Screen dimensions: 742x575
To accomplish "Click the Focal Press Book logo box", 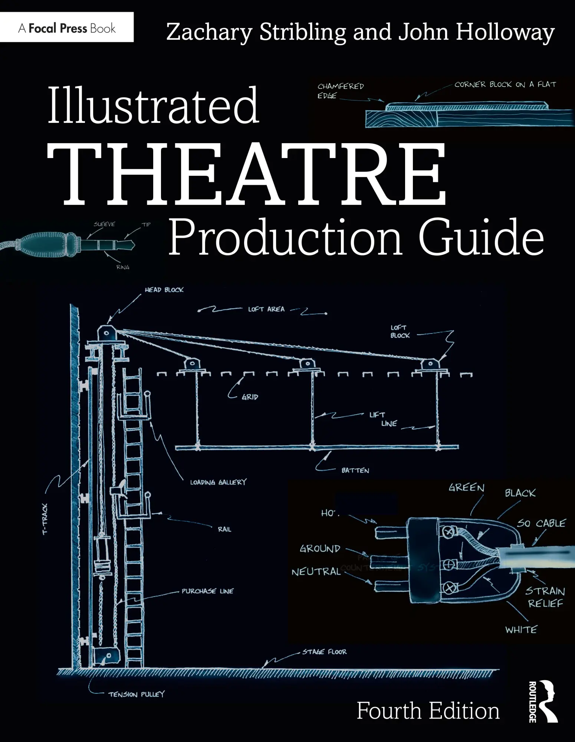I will tap(67, 28).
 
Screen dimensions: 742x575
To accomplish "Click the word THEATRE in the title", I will tap(247, 174).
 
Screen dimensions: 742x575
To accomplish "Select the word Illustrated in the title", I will tap(153, 106).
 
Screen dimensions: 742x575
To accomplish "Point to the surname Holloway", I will tap(505, 33).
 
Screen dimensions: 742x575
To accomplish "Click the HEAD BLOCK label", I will tap(164, 290).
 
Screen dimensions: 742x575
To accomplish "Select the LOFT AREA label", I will tap(266, 309).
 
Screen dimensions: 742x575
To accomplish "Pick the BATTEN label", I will tap(355, 470).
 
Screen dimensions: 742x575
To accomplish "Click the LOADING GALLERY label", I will tap(218, 482).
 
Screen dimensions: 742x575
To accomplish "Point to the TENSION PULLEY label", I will tap(136, 694).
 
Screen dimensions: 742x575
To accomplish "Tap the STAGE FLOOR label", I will tap(324, 651).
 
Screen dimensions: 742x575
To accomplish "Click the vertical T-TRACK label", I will tap(45, 519).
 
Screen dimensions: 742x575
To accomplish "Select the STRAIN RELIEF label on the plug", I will tap(545, 597).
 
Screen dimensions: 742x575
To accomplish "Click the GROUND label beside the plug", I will tap(320, 548).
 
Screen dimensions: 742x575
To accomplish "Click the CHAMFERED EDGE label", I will tap(340, 91).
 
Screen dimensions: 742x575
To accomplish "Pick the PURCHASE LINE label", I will tap(207, 591).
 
